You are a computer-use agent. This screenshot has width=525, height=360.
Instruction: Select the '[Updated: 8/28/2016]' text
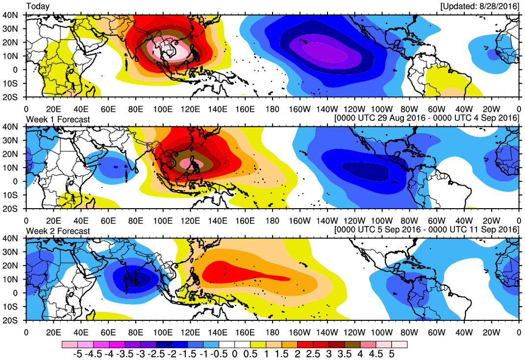point(479,6)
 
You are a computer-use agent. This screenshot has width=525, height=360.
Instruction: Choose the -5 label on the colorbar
point(77,354)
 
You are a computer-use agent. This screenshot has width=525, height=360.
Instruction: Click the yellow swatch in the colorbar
point(258,345)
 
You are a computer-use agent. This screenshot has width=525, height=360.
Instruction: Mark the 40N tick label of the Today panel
point(15,15)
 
